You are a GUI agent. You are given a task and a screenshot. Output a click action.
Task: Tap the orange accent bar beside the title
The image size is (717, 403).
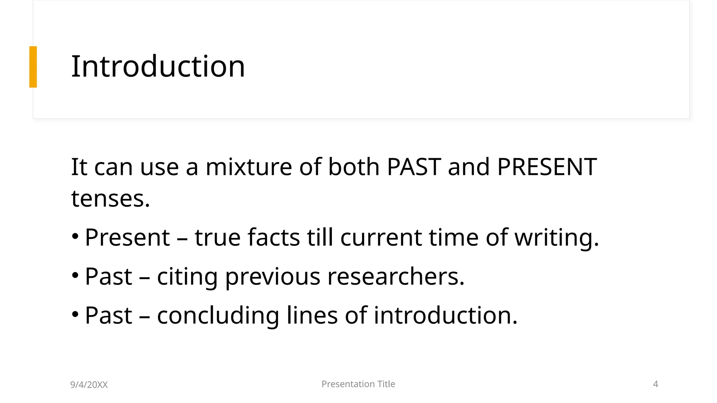click(x=33, y=67)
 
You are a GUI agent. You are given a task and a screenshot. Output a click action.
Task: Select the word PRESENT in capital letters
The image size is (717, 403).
click(x=547, y=167)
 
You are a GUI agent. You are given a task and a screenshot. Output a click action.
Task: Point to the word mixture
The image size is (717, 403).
click(x=249, y=167)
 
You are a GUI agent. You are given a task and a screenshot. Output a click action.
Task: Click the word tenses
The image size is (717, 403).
click(x=110, y=199)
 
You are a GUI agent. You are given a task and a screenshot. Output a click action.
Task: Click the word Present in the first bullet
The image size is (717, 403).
click(x=127, y=238)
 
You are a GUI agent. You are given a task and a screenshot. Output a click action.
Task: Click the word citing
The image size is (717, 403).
click(x=187, y=277)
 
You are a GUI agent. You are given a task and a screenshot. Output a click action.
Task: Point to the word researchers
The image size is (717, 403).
click(x=396, y=277)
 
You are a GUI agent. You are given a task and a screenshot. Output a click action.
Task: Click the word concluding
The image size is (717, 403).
click(x=218, y=316)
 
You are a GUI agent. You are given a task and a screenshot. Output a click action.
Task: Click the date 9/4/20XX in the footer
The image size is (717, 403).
click(x=89, y=385)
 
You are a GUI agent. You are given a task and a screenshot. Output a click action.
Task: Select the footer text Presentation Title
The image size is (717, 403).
click(x=358, y=384)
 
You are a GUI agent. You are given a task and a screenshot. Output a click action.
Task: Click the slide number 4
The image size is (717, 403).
click(x=655, y=384)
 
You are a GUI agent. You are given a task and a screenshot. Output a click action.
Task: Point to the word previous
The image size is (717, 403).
click(x=272, y=277)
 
